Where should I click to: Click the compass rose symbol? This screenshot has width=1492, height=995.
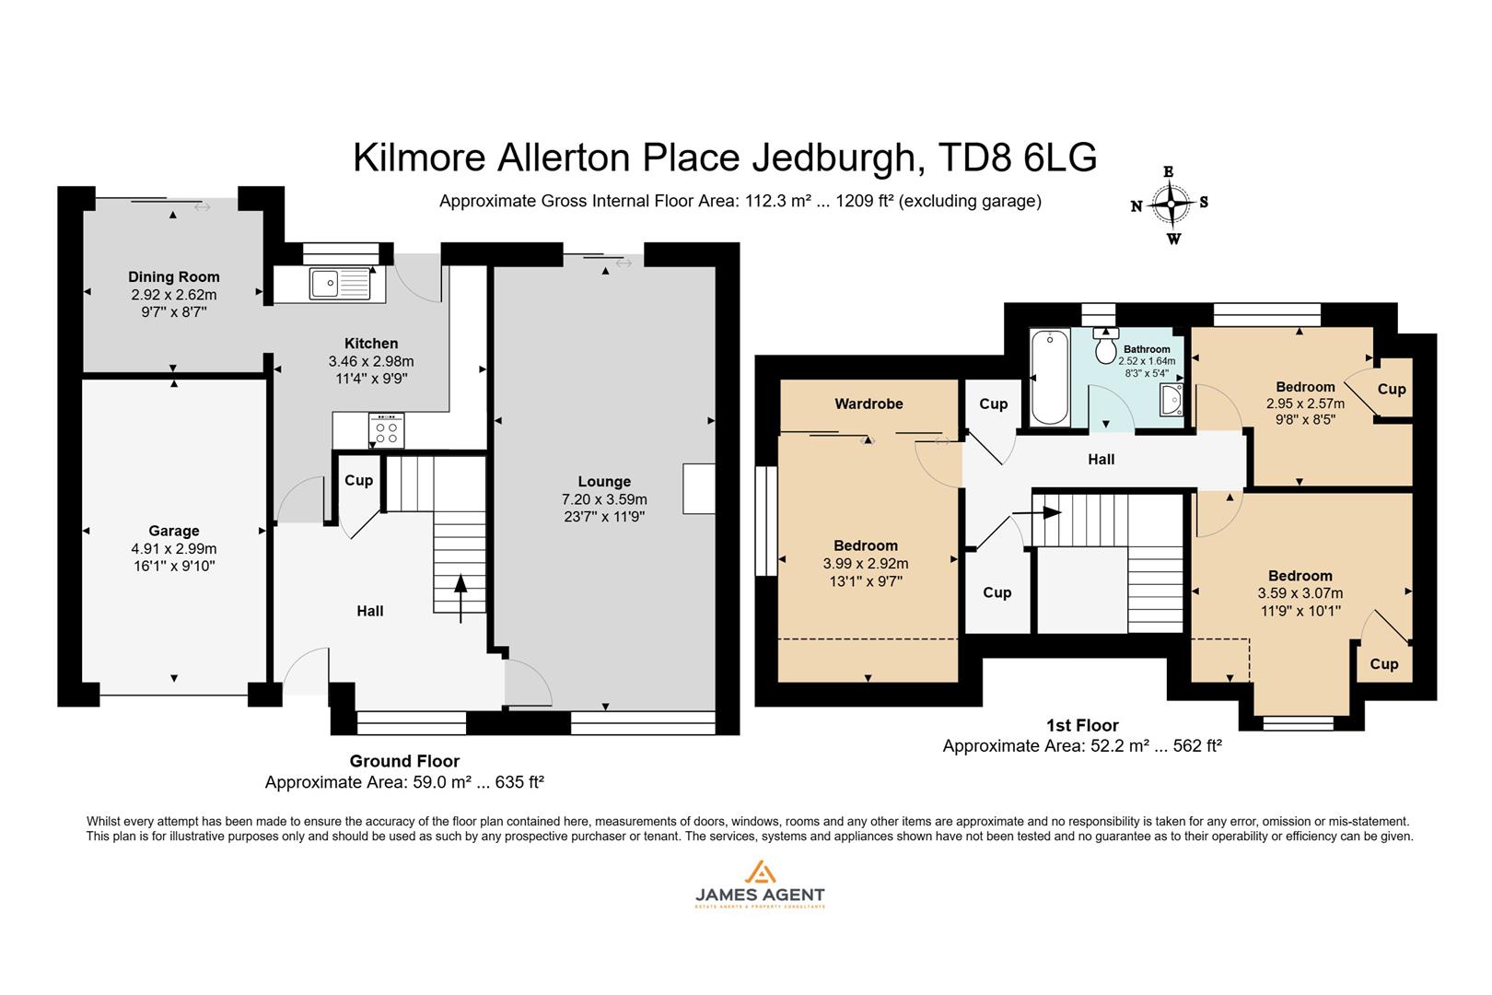[1171, 204]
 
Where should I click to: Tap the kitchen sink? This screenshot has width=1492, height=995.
[325, 283]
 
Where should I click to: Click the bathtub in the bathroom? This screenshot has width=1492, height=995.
[1048, 377]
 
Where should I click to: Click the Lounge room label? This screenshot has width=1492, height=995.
[604, 481]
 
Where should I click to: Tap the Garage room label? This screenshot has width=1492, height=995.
[174, 531]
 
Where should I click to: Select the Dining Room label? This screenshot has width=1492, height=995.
[174, 276]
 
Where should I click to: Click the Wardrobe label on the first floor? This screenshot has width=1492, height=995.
[868, 404]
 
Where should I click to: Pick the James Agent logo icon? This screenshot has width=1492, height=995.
[759, 872]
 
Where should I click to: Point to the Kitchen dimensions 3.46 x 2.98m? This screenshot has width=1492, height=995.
[371, 361]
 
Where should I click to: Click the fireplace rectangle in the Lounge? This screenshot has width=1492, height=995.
[698, 488]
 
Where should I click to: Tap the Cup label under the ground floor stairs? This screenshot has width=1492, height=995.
[358, 480]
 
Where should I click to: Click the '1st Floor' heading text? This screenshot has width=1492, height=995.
[1082, 725]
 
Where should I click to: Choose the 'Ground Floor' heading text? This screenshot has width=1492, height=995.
[404, 761]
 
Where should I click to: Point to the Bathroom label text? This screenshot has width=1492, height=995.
[1147, 349]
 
